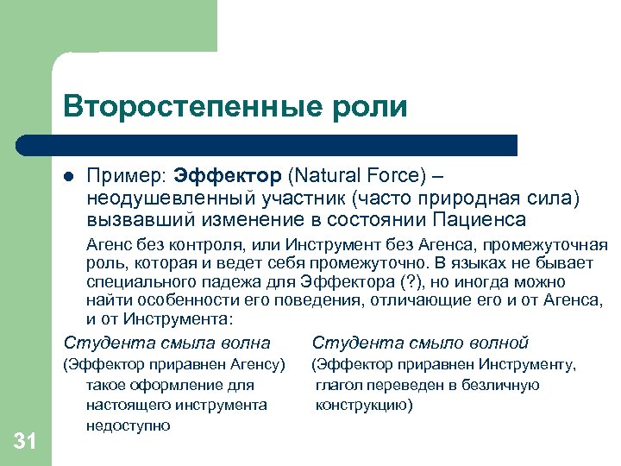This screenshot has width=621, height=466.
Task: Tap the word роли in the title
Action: tap(373, 106)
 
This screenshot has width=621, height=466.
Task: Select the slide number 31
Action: tap(25, 442)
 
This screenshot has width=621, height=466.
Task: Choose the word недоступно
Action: tap(128, 425)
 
